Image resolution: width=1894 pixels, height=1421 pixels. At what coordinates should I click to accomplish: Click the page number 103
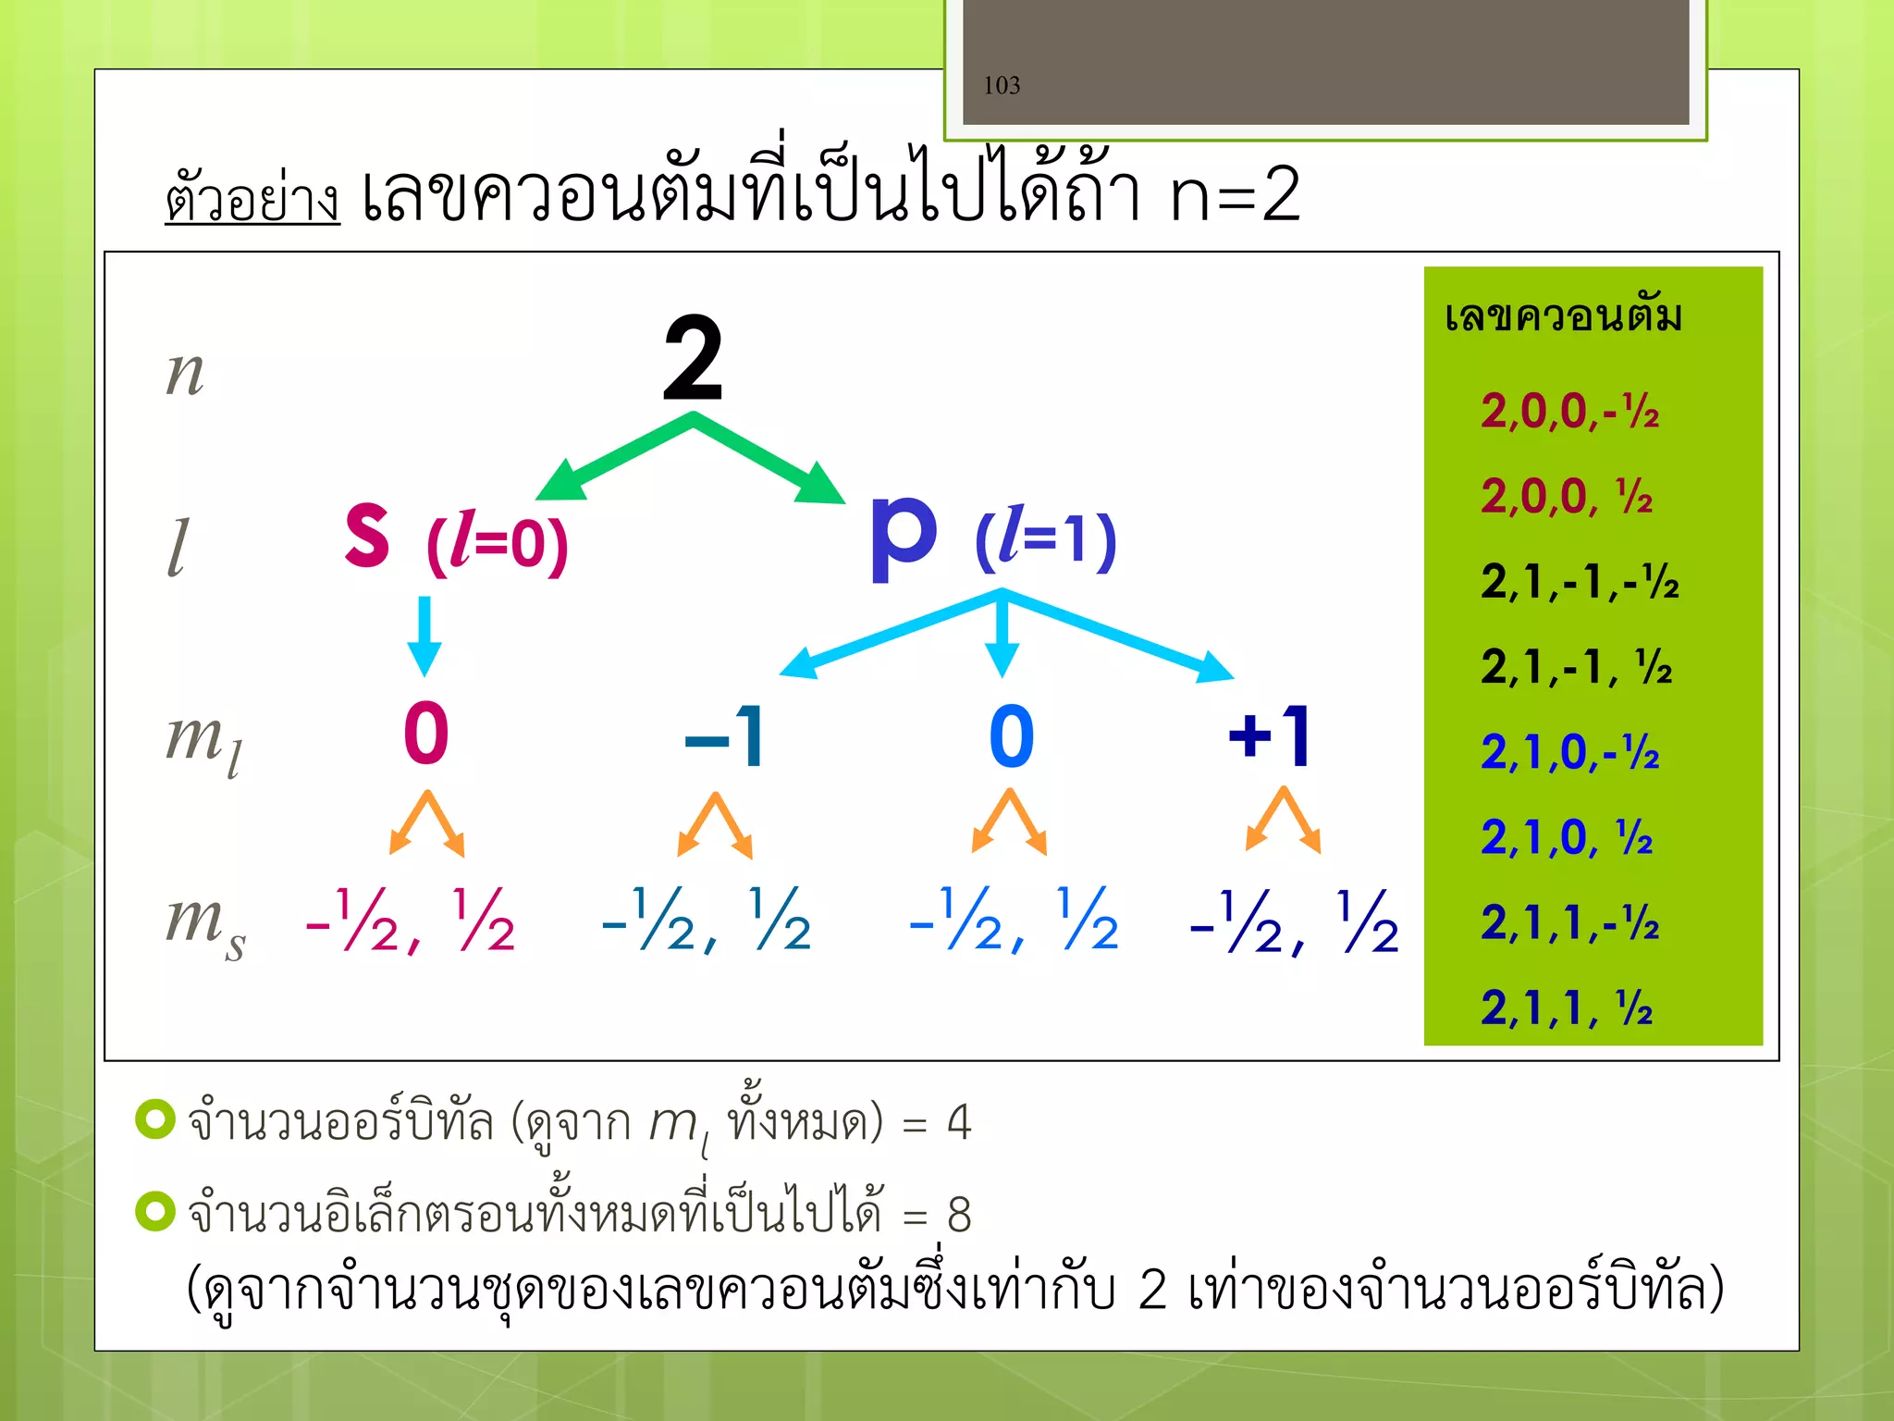click(1002, 86)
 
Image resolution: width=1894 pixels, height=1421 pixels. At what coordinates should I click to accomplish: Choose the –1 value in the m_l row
click(725, 737)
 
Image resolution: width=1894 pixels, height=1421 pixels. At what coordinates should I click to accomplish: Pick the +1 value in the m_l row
click(1269, 736)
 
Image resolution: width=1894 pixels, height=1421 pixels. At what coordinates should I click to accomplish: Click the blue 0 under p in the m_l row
click(1011, 737)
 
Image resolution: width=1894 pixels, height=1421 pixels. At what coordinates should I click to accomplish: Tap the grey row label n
click(185, 373)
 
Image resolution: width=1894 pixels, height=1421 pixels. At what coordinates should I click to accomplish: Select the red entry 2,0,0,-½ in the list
click(1569, 412)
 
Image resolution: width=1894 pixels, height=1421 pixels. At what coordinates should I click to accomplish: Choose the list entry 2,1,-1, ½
click(1576, 667)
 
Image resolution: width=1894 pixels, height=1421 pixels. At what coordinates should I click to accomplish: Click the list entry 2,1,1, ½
click(1566, 1007)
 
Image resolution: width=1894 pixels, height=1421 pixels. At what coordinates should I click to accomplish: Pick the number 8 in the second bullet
click(959, 1214)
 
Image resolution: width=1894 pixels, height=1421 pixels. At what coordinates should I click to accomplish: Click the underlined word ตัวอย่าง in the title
click(252, 197)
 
